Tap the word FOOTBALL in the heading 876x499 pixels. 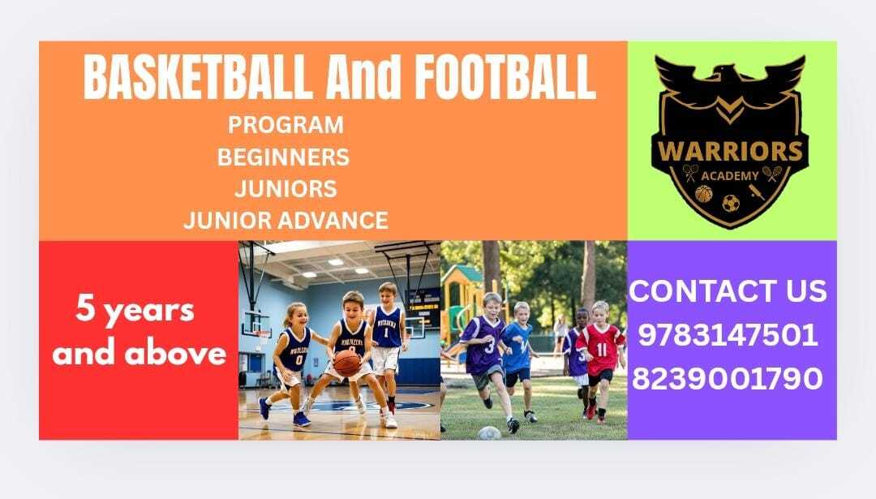(x=505, y=76)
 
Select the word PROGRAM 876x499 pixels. (x=286, y=125)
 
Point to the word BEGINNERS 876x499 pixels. (x=283, y=157)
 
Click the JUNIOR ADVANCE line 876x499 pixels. (x=286, y=220)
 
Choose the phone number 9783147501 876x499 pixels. (x=728, y=335)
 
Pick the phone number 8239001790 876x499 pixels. (x=728, y=378)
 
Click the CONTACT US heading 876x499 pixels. (x=728, y=291)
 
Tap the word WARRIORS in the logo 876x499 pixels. (x=730, y=151)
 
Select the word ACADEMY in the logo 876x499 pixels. (x=730, y=176)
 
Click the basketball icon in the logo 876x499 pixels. (x=704, y=195)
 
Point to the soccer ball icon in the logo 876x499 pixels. (x=731, y=203)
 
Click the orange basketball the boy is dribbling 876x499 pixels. (x=347, y=363)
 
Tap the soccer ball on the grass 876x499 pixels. (x=489, y=433)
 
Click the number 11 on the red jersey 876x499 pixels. (x=601, y=350)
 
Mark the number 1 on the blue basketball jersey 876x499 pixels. (x=385, y=333)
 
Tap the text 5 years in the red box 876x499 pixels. (x=135, y=310)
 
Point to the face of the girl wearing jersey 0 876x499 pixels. (x=298, y=317)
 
